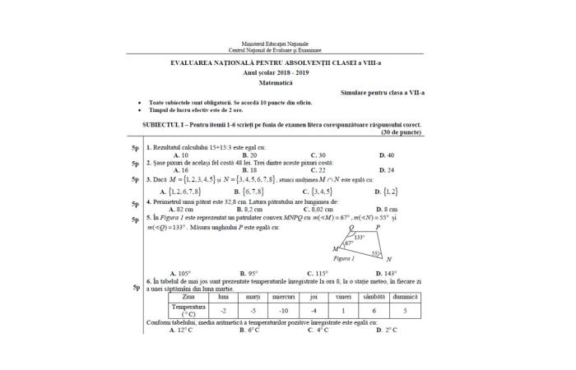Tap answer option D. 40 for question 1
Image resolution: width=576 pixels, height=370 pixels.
[387, 155]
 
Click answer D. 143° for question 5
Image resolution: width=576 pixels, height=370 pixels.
[388, 273]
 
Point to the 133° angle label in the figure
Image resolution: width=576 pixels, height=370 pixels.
[359, 237]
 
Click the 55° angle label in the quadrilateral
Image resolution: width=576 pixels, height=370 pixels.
[376, 253]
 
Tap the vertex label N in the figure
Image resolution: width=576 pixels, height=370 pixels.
[388, 260]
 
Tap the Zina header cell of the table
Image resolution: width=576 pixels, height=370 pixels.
[188, 296]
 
